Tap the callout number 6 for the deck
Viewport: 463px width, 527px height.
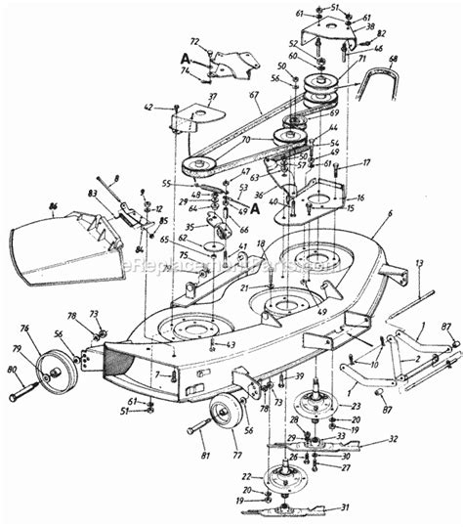(389, 213)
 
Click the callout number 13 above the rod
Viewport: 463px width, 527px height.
(418, 264)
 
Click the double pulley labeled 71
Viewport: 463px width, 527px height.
(319, 90)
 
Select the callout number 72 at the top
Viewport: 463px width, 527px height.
(193, 42)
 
